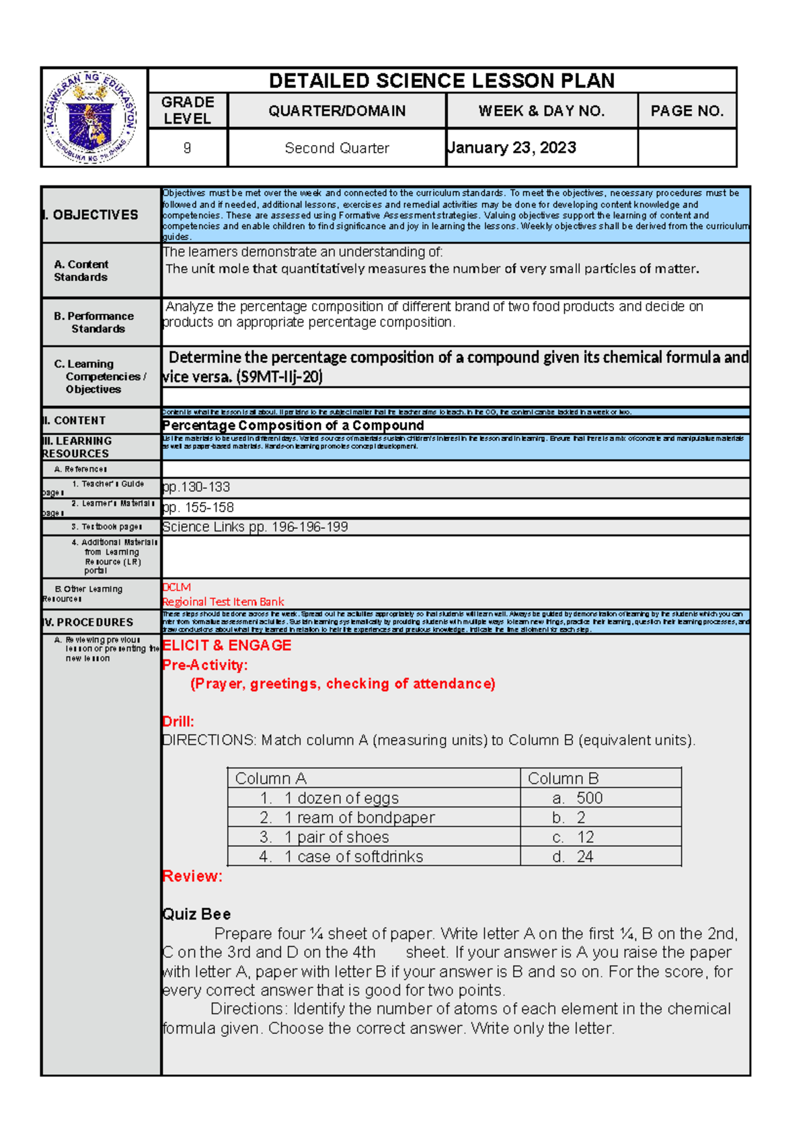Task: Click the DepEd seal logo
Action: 92,117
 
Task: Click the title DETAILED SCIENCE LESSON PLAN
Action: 441,81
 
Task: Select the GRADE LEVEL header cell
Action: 188,110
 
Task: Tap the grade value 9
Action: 187,148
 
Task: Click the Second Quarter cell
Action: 336,148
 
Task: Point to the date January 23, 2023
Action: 512,148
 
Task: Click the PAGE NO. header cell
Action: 687,111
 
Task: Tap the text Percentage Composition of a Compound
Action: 293,425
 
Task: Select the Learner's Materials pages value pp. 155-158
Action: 198,507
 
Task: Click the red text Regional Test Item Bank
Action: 223,602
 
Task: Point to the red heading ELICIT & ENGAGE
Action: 227,645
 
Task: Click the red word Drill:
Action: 178,721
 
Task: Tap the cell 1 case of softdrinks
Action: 353,856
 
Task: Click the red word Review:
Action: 192,876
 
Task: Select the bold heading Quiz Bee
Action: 196,914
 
